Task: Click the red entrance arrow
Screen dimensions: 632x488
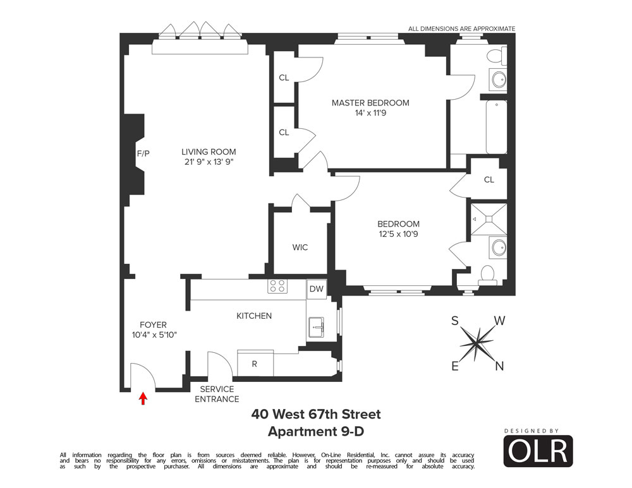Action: (143, 398)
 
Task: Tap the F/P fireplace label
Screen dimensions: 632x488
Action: (143, 153)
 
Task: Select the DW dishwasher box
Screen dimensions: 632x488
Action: (317, 289)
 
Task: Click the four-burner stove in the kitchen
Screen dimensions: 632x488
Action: (277, 286)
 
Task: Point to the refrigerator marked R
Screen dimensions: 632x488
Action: (255, 364)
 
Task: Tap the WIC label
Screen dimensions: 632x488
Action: (300, 247)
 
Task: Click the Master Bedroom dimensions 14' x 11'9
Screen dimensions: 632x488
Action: (370, 113)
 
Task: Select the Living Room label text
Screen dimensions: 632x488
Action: (209, 152)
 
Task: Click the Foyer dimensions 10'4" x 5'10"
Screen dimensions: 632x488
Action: (154, 335)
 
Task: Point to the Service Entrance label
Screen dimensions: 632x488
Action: (217, 394)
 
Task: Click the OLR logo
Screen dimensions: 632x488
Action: (538, 451)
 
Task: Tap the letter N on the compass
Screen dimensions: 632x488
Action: (499, 366)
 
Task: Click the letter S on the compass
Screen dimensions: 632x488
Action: (454, 321)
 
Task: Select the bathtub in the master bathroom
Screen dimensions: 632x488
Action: (496, 127)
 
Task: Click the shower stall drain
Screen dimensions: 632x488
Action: (489, 218)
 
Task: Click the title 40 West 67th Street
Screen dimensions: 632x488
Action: (316, 414)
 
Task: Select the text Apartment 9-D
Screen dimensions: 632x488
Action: (316, 432)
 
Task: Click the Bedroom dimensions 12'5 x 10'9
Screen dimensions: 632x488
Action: (398, 234)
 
